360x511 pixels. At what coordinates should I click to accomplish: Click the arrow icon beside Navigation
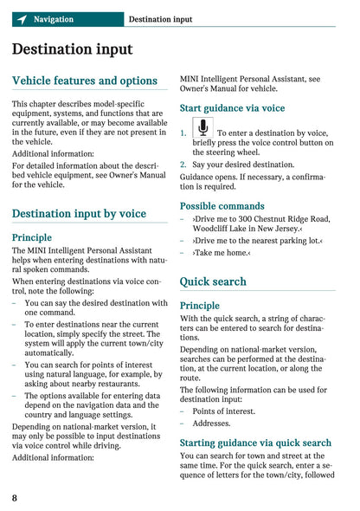[x=22, y=19]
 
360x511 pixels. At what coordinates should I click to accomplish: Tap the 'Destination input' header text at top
[x=160, y=19]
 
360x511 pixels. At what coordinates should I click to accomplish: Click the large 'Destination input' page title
[x=73, y=50]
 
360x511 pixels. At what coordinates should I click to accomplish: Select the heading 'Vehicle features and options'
[x=85, y=81]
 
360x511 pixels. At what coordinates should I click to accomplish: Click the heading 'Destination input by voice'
[x=79, y=213]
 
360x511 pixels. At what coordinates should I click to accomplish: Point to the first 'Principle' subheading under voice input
[x=32, y=237]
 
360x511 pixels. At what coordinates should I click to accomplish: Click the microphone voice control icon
[x=202, y=129]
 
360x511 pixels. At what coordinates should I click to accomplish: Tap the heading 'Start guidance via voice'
[x=232, y=108]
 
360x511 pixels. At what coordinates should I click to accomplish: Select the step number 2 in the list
[x=183, y=165]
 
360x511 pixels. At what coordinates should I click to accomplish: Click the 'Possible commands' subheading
[x=222, y=206]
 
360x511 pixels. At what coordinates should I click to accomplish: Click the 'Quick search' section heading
[x=213, y=281]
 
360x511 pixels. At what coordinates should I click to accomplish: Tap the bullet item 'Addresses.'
[x=211, y=424]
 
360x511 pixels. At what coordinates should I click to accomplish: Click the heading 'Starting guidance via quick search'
[x=255, y=443]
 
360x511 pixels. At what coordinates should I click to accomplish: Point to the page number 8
[x=16, y=498]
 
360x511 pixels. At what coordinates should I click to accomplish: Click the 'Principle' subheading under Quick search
[x=200, y=306]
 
